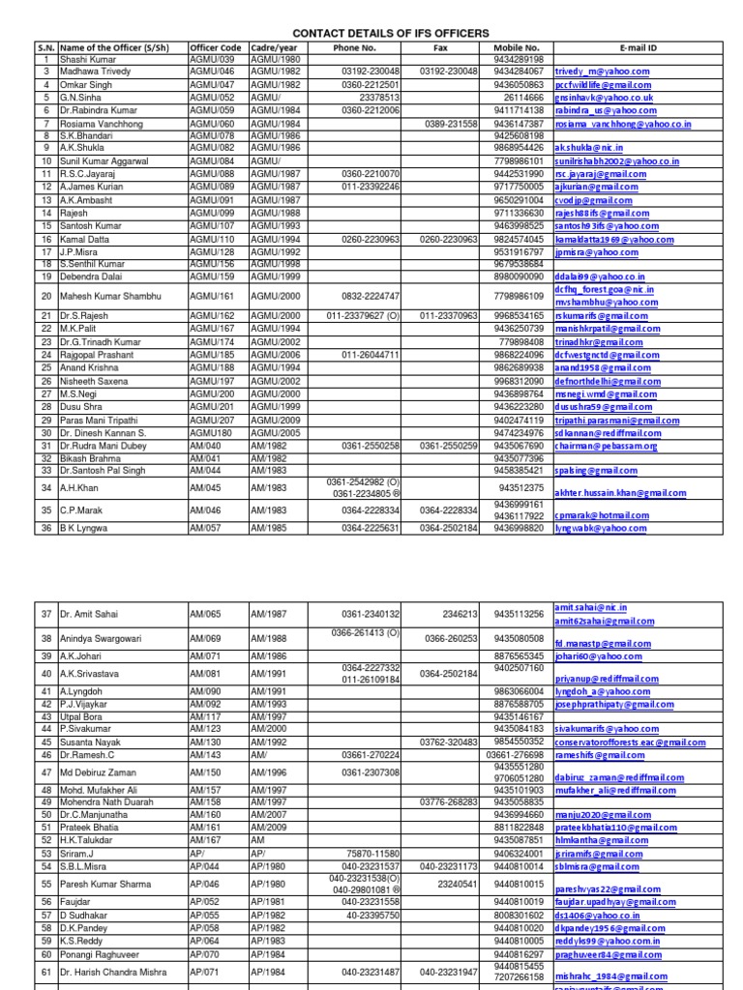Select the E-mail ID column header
[x=639, y=46]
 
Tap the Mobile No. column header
[x=517, y=46]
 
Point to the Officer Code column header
[x=217, y=46]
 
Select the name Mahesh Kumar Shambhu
[x=109, y=296]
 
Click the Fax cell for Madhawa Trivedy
[x=449, y=71]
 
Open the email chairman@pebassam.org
[x=606, y=446]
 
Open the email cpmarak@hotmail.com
[x=601, y=515]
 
